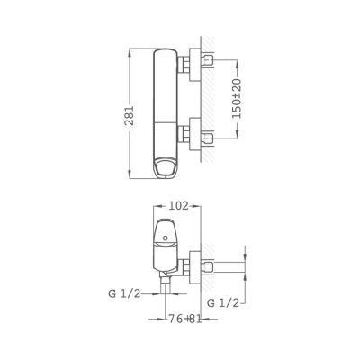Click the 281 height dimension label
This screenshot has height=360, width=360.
130,115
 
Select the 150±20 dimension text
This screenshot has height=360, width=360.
237,98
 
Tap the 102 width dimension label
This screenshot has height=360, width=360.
178,206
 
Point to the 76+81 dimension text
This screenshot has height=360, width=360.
184,319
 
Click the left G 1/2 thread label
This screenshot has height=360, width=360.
124,293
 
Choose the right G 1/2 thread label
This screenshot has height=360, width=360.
223,303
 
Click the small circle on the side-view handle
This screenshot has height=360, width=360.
165,238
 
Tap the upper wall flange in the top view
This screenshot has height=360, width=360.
195,65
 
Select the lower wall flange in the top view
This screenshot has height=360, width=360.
195,134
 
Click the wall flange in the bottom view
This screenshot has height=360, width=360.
195,267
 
